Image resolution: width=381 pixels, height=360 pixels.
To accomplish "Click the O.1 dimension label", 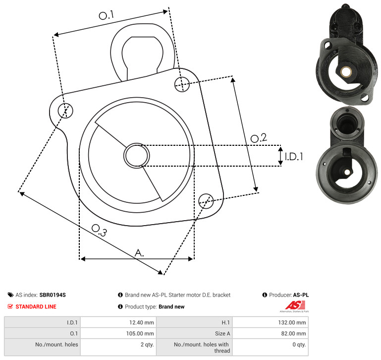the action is click(107, 15).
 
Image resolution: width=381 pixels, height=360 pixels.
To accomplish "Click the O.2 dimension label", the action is click(259, 138).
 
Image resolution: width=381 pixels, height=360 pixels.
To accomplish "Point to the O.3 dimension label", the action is click(99, 231).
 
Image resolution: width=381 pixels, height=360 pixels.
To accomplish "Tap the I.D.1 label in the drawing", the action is click(294, 157).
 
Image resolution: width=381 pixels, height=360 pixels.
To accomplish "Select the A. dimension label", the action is click(139, 253).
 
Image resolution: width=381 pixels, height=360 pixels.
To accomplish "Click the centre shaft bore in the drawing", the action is click(137, 156).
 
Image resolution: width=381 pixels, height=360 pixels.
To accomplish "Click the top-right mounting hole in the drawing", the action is click(182, 84).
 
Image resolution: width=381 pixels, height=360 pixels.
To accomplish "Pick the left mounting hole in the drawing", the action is click(65, 111).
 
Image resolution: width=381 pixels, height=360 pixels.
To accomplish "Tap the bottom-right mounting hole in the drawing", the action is click(206, 201).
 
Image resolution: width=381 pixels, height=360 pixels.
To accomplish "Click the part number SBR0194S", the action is click(53, 295).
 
